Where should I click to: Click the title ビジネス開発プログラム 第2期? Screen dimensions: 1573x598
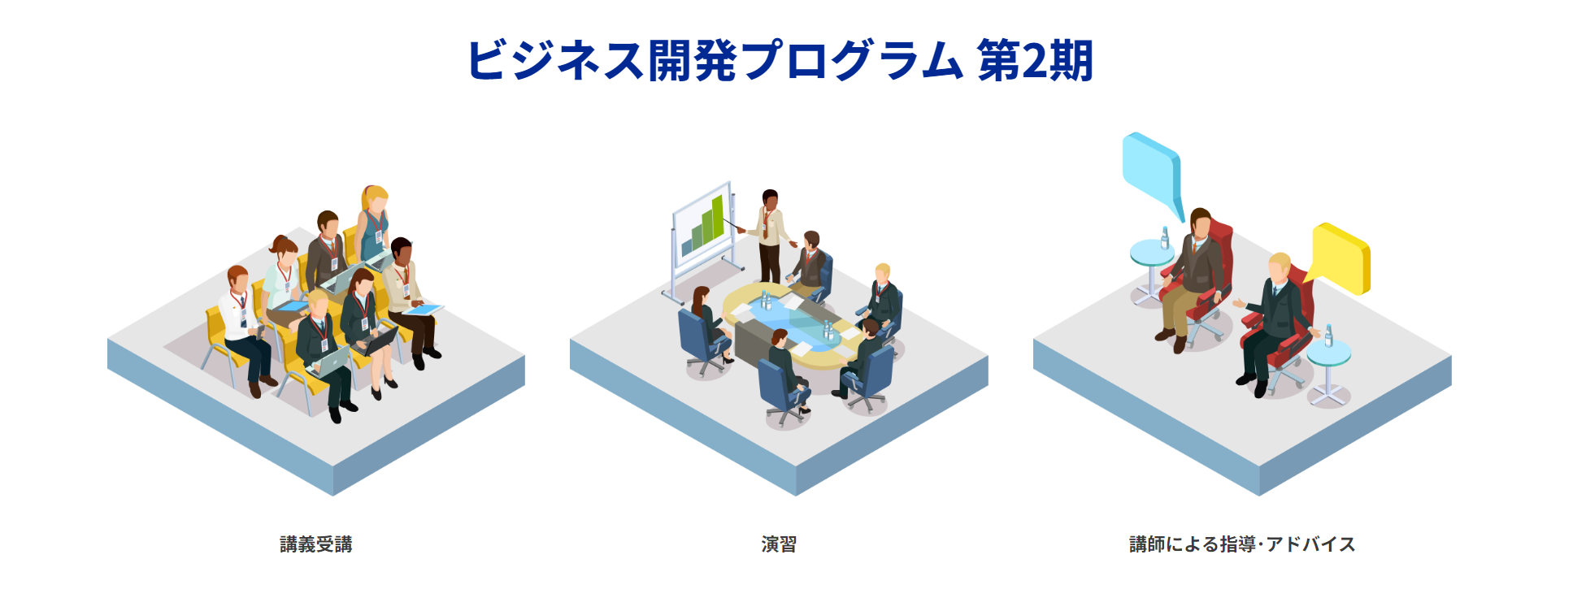click(x=780, y=60)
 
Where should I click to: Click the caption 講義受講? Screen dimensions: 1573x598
click(x=315, y=544)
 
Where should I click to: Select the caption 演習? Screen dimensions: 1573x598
click(x=779, y=544)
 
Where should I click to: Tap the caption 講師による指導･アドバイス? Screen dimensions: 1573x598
click(x=1242, y=544)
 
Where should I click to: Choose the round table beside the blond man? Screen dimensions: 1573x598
click(x=1328, y=357)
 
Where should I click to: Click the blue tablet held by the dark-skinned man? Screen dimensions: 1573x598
click(x=424, y=310)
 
